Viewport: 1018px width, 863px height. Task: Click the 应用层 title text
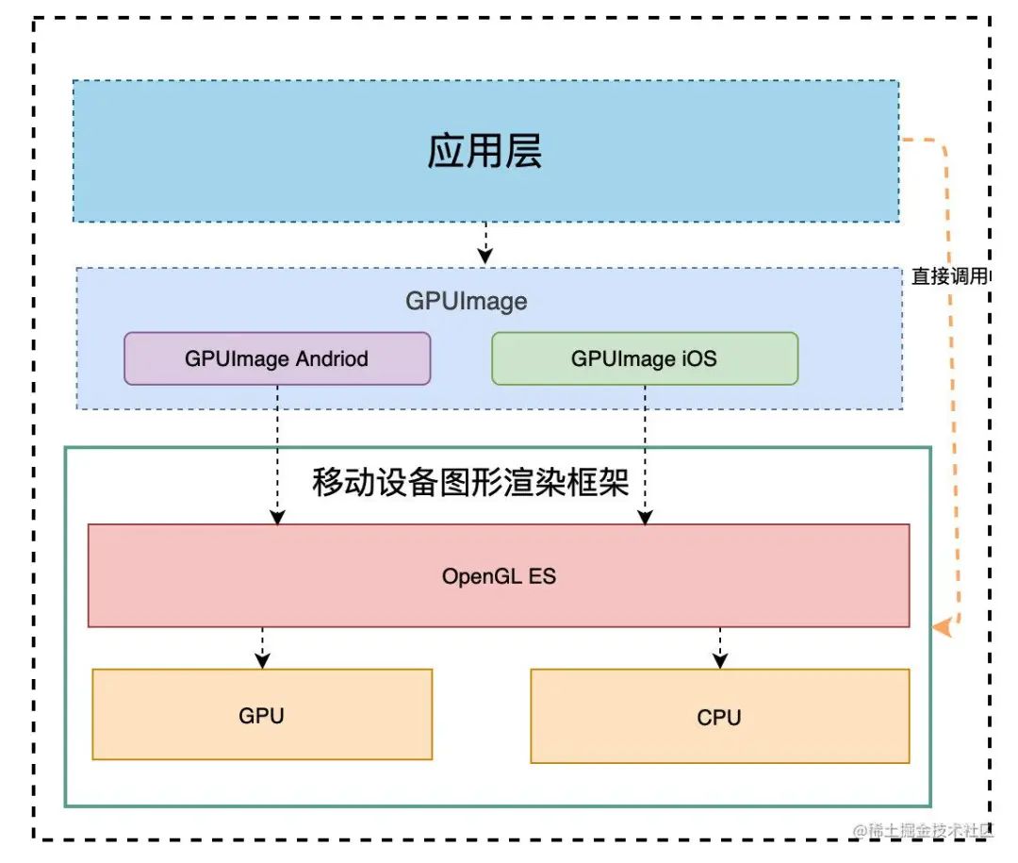point(484,152)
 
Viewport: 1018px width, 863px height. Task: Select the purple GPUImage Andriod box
point(277,358)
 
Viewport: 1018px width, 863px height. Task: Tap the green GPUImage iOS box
point(645,358)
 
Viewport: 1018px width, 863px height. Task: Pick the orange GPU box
point(262,715)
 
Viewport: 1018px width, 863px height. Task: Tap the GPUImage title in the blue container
point(467,302)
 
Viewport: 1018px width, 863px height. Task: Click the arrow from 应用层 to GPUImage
point(484,243)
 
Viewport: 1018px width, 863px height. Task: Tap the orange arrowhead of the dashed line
point(941,627)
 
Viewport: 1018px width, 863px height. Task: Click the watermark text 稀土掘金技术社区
point(929,830)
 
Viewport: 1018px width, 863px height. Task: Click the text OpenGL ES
point(499,576)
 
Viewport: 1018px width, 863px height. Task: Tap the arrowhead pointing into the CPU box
point(719,662)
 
